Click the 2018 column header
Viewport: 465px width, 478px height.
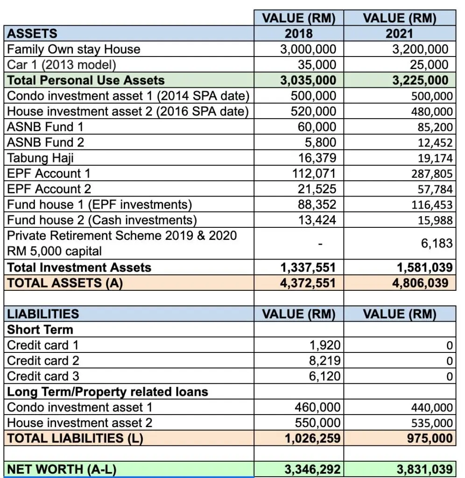pyautogui.click(x=298, y=33)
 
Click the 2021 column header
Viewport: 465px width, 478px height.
pyautogui.click(x=400, y=33)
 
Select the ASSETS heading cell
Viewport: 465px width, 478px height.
pyautogui.click(x=32, y=33)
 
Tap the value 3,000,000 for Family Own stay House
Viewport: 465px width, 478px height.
pyautogui.click(x=308, y=49)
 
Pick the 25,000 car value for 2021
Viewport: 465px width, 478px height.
pyautogui.click(x=429, y=64)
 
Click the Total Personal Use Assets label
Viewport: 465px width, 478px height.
pyautogui.click(x=86, y=80)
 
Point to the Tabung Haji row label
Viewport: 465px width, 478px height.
pyautogui.click(x=40, y=158)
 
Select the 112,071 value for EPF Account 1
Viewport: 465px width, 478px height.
pyautogui.click(x=314, y=174)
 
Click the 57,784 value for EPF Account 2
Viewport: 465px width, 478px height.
pyautogui.click(x=435, y=190)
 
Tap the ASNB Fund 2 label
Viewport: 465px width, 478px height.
pyautogui.click(x=45, y=142)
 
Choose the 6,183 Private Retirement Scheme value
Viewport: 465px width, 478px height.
pyautogui.click(x=437, y=243)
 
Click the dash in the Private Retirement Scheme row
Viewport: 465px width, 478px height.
pyautogui.click(x=320, y=244)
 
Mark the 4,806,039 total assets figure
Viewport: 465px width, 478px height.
pyautogui.click(x=420, y=283)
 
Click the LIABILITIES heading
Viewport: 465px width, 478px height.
pyautogui.click(x=43, y=314)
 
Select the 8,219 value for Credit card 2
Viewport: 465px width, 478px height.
pyautogui.click(x=325, y=361)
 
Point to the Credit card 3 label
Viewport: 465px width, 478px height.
pyautogui.click(x=43, y=376)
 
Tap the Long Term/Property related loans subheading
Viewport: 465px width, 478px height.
pyautogui.click(x=107, y=392)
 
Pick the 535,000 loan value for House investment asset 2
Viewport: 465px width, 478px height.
pyautogui.click(x=432, y=423)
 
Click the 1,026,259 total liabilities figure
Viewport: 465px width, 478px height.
pyautogui.click(x=312, y=438)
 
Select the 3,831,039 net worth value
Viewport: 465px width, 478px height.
pyautogui.click(x=425, y=469)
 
